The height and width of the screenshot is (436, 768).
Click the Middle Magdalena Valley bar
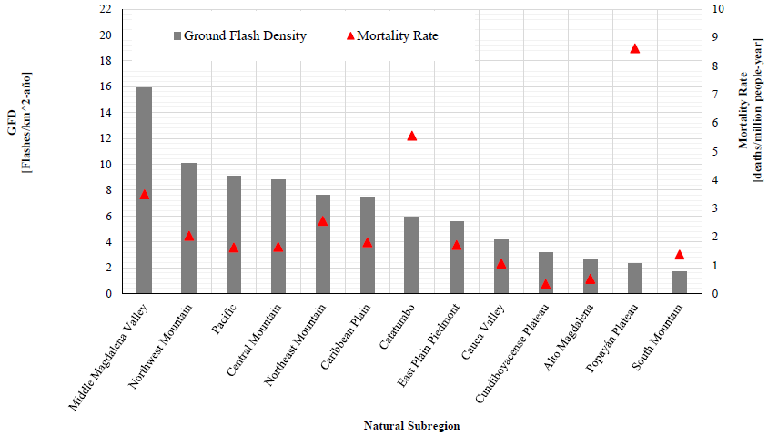(144, 190)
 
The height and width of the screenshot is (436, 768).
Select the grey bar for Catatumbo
(411, 255)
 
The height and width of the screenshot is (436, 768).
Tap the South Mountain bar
(679, 282)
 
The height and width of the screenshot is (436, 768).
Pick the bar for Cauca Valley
(500, 266)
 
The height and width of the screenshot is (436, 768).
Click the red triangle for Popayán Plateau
(635, 48)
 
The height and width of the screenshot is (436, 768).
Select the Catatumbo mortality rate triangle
(411, 136)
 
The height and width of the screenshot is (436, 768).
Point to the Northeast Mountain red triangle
(322, 220)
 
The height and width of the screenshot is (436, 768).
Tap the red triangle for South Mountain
(679, 254)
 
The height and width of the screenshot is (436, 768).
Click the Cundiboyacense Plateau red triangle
(546, 284)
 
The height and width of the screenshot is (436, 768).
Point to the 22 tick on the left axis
(106, 9)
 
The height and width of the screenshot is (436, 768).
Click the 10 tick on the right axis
(719, 9)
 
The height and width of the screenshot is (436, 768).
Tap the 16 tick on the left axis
(106, 86)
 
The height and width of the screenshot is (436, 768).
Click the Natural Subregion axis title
(411, 425)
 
